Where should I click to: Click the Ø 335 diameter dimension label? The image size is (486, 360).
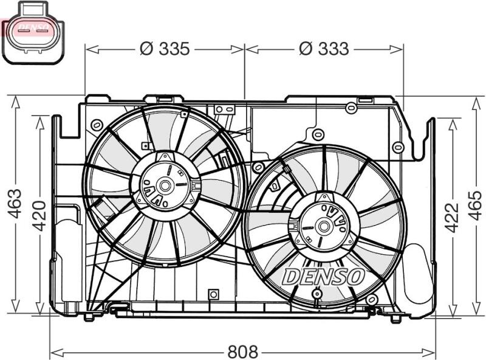164,49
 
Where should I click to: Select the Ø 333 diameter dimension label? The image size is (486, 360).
324,49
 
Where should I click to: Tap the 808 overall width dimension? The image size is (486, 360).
242,351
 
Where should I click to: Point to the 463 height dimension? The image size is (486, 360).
15,203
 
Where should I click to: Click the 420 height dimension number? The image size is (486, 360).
39,216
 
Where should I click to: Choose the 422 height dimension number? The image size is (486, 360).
451,217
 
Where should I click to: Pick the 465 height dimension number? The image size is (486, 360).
475,206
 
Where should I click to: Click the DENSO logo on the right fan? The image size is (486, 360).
323,276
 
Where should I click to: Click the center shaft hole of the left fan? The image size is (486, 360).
164,186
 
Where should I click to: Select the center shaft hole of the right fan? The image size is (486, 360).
324,226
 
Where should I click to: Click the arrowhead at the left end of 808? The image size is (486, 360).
56,352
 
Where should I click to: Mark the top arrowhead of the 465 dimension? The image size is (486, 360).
476,102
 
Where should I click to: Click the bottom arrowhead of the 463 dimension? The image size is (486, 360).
15,306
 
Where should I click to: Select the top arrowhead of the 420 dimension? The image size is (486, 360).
39,122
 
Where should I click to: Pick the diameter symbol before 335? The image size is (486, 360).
146,49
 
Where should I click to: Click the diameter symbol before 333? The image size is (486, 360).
306,49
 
